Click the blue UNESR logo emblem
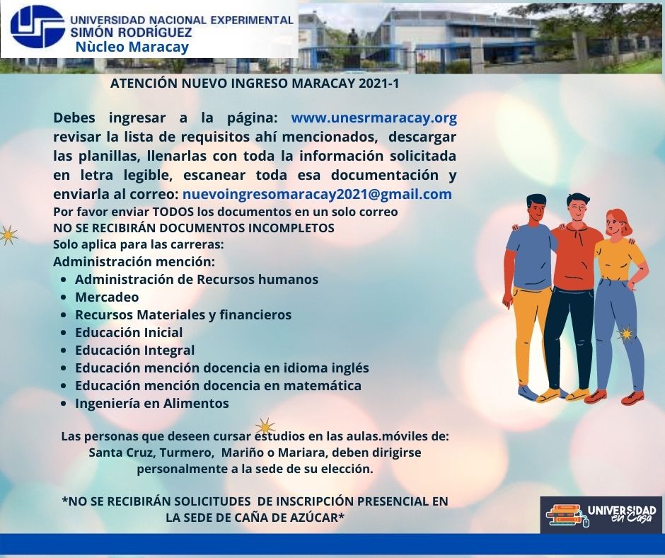coord(37,26)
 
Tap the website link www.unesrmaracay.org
coord(374,118)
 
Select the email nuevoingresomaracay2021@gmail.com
coord(317,194)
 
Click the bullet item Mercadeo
coord(107,297)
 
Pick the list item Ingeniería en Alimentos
coord(152,403)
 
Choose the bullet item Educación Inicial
coord(129,332)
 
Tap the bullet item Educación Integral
coord(135,351)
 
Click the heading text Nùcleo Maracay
coord(132,46)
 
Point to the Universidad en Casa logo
coord(601,515)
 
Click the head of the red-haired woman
coord(617,222)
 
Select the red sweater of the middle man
coord(577,255)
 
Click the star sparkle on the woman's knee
coord(625,334)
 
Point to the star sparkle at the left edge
coord(7,235)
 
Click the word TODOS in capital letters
coord(173,212)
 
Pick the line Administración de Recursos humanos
coord(197,280)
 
